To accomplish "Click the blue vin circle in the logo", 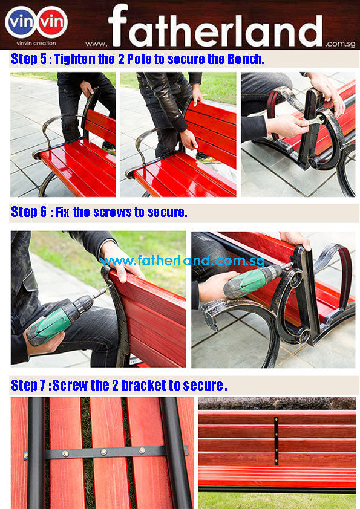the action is click(20, 22).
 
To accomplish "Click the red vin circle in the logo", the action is click(52, 22).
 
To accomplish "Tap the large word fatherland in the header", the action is click(215, 26).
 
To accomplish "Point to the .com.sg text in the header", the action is click(340, 44).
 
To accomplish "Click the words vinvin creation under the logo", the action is click(36, 43).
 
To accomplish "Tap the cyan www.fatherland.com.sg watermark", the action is click(183, 261).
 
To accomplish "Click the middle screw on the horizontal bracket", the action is click(104, 452).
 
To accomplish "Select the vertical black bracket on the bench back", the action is click(276, 441).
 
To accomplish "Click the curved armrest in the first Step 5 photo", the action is click(55, 123).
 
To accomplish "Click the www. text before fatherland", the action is click(96, 44).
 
